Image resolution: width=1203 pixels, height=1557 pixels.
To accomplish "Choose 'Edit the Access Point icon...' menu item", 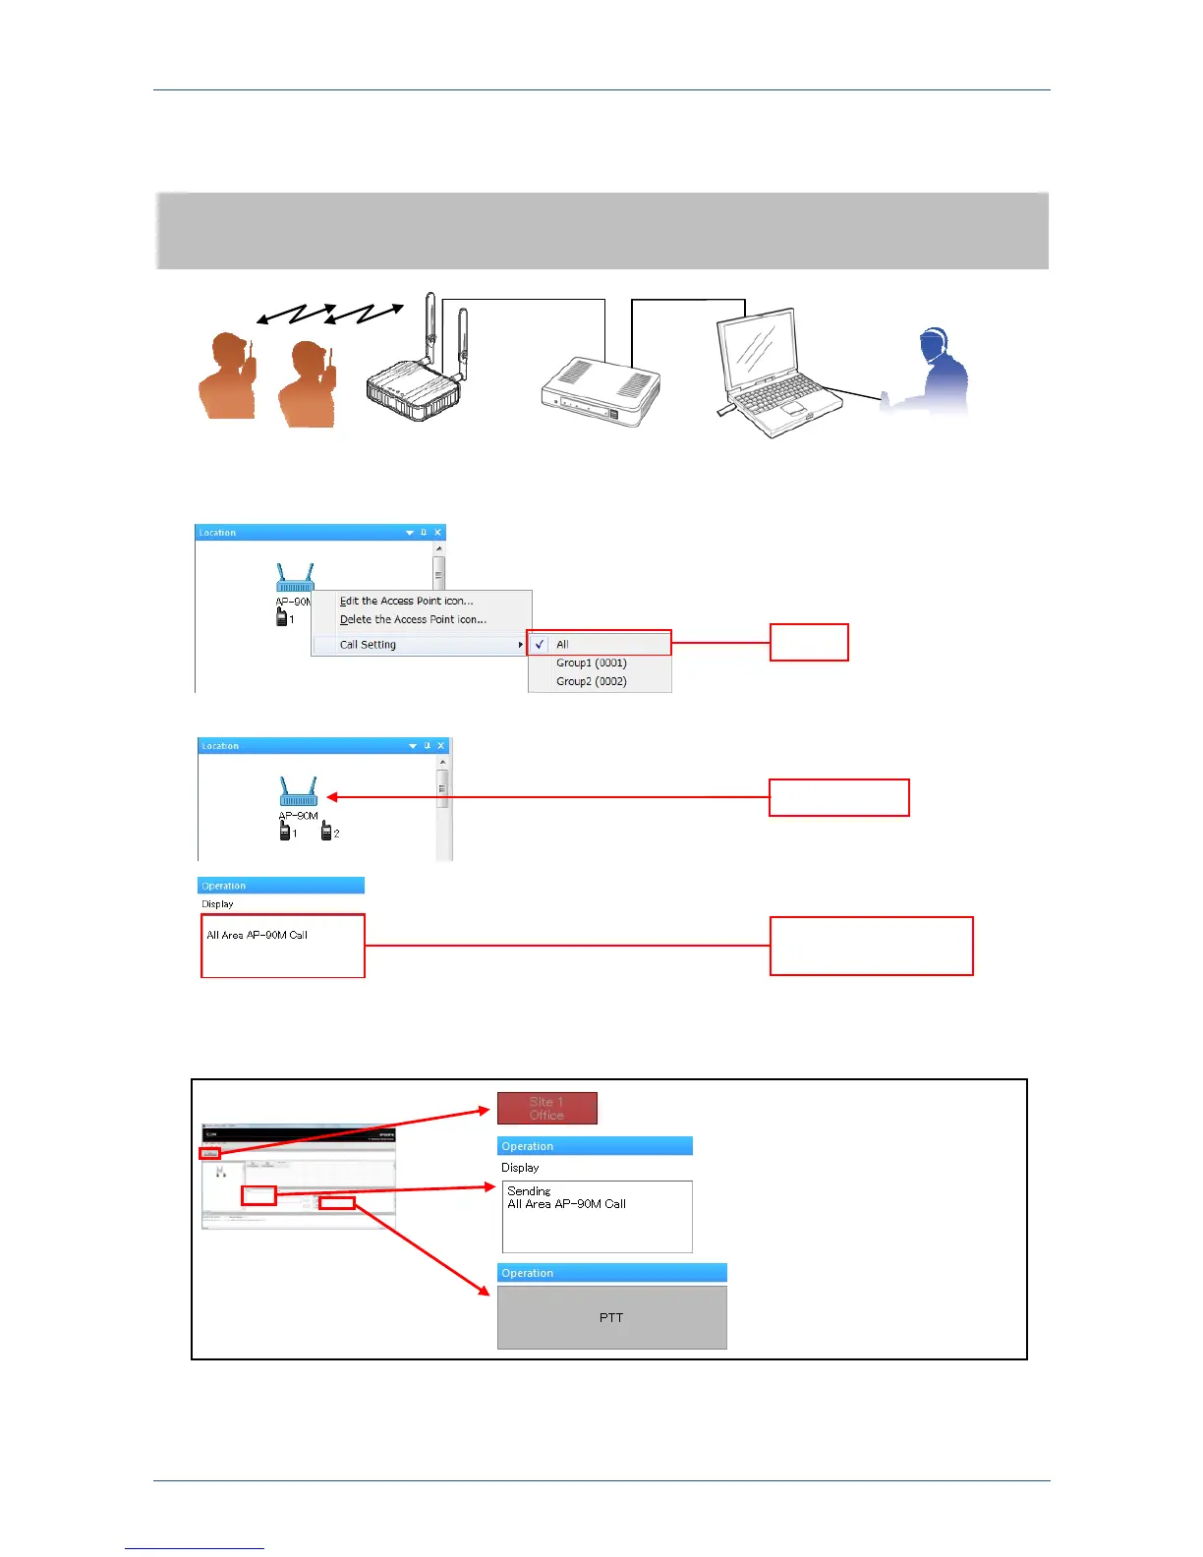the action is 406,601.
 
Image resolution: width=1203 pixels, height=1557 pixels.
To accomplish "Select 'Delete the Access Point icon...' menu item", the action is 413,619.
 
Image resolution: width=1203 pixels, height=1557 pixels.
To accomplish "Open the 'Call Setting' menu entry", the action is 368,645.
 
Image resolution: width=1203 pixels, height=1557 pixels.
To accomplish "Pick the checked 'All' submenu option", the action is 562,645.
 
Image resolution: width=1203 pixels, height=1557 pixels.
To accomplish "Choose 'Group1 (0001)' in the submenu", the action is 591,663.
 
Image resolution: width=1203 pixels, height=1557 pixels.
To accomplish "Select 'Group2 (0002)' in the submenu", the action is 591,681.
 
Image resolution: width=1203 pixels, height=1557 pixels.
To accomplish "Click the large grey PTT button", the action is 611,1318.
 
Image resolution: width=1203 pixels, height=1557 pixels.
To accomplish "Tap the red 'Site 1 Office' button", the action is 546,1108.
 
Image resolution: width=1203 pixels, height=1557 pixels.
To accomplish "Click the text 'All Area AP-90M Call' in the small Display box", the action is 257,935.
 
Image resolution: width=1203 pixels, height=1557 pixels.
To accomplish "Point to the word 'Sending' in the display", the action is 529,1190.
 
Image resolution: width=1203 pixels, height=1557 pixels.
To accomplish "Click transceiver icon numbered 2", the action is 327,832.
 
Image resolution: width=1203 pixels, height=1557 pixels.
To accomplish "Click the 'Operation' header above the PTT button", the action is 528,1273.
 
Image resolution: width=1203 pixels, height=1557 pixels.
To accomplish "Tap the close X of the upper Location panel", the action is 438,532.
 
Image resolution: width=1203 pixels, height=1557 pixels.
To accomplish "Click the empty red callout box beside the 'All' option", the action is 808,642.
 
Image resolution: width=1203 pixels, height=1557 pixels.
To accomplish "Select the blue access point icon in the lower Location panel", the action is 298,791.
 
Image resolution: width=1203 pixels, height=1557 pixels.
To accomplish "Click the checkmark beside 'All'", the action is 540,645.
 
